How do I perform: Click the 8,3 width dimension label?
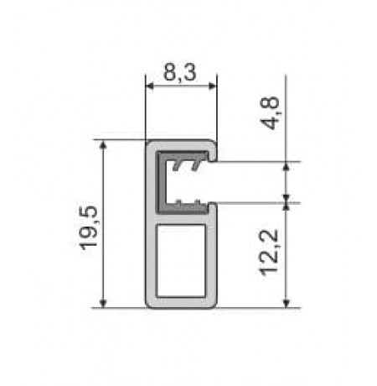[181, 73]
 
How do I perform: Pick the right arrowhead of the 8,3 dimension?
[213, 85]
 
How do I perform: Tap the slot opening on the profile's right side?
[214, 181]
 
